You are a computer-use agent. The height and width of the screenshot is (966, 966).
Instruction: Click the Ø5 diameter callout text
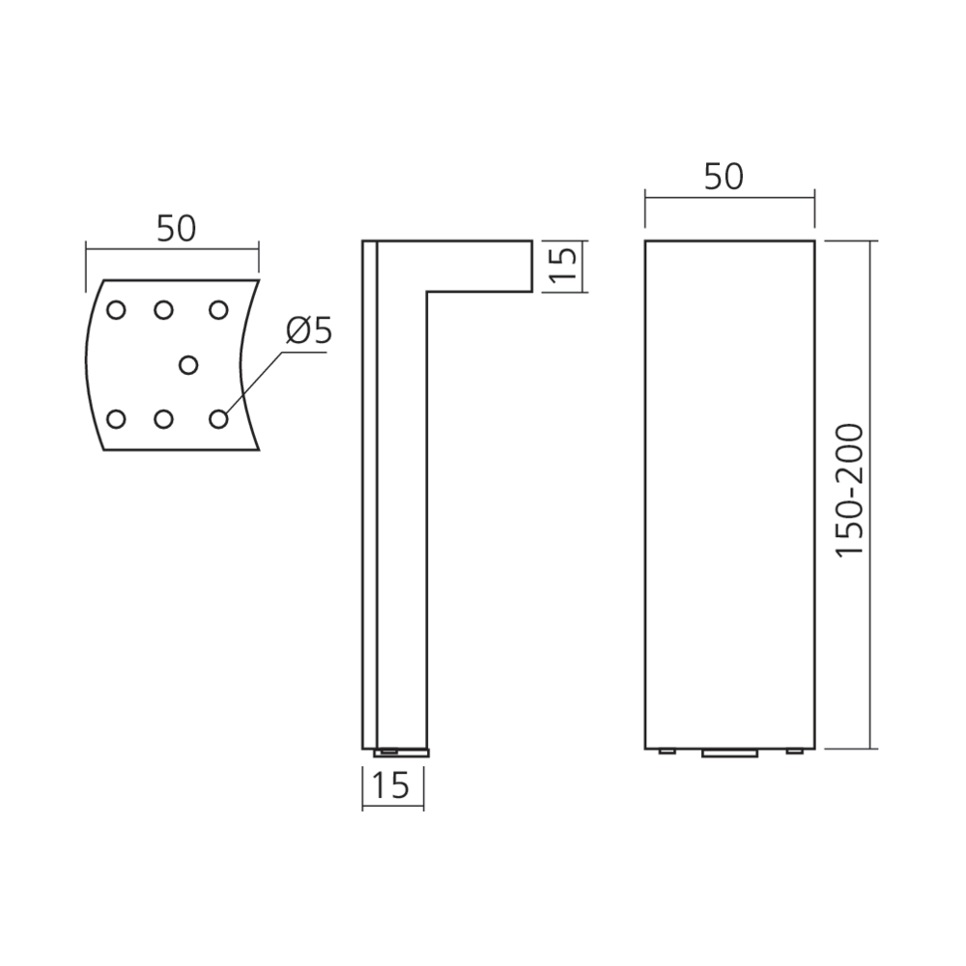309,330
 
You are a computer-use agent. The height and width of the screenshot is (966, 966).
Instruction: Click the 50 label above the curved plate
176,229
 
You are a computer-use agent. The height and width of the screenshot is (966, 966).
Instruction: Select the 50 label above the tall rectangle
724,177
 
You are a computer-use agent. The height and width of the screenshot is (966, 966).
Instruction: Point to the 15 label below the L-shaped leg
391,784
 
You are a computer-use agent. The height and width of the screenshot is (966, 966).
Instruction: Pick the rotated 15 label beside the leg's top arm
564,265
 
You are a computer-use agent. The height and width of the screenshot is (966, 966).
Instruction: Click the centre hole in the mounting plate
188,365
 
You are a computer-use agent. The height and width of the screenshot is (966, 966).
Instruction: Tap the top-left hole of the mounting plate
116,309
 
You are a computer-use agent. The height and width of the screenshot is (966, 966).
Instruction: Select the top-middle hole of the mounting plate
163,309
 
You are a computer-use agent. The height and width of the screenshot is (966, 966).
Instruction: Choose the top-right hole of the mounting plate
218,309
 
